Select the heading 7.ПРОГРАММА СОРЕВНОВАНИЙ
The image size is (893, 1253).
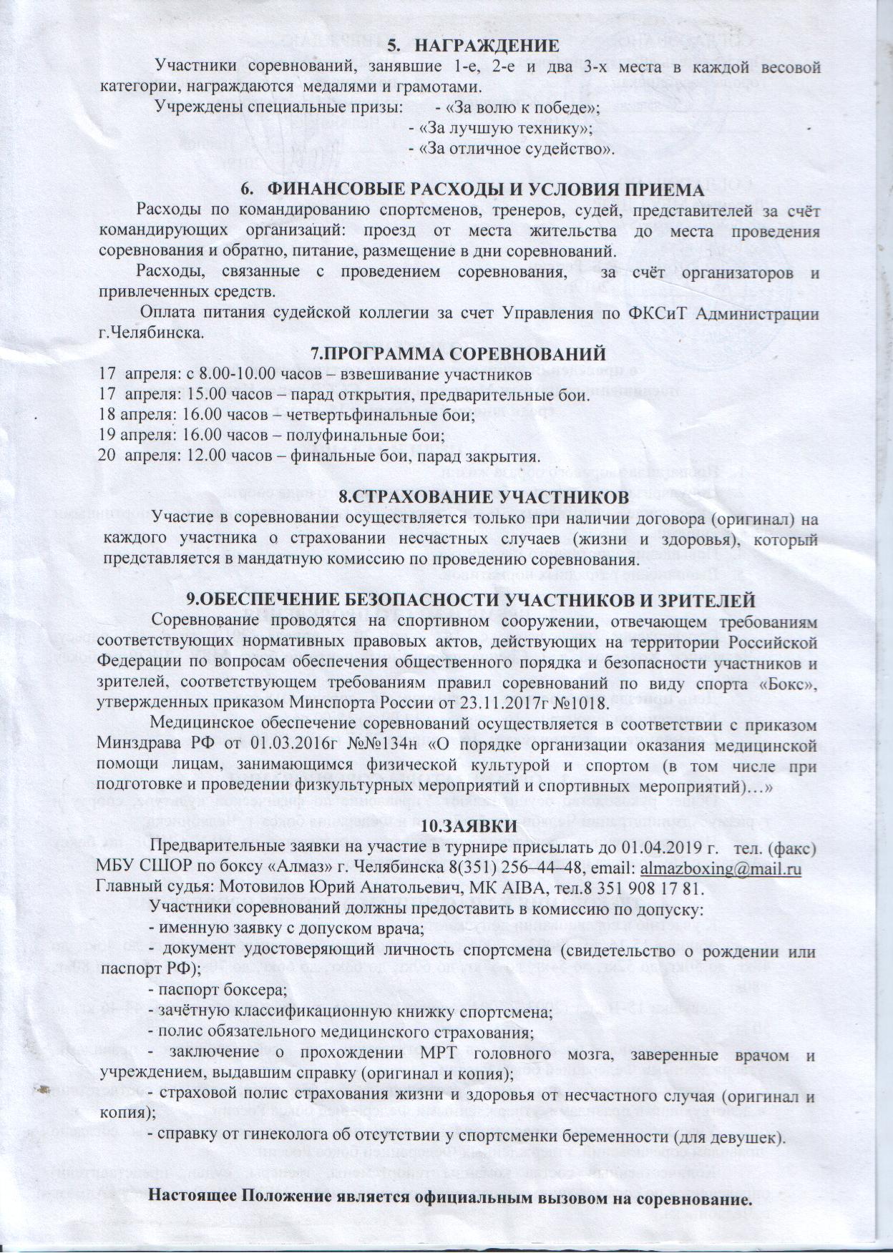(x=458, y=354)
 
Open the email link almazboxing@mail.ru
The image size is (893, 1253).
(x=719, y=868)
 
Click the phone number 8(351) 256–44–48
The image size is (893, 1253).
(x=504, y=868)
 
